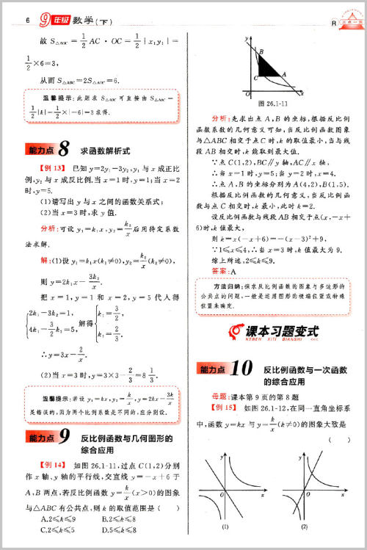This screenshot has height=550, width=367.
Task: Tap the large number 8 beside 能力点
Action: pyautogui.click(x=64, y=151)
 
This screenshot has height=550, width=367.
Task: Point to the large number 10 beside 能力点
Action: pyautogui.click(x=241, y=369)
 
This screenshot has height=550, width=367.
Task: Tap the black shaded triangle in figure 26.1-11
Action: pyautogui.click(x=271, y=70)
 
